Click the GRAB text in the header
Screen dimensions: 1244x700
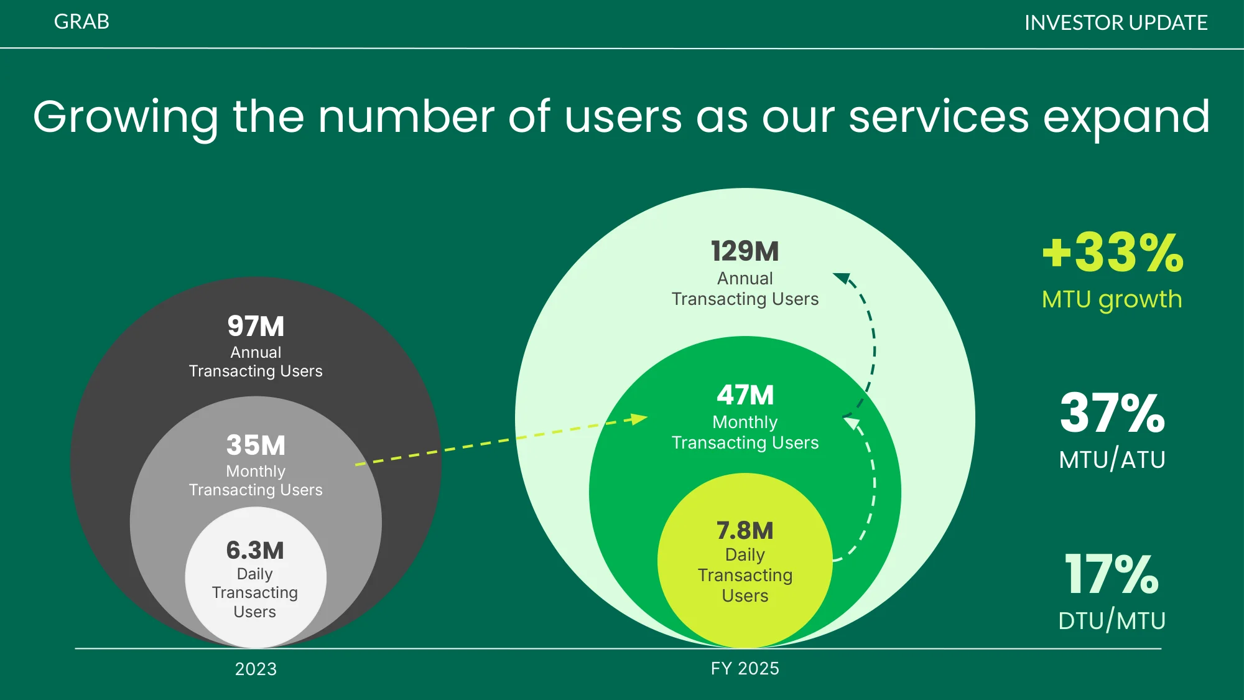pyautogui.click(x=81, y=22)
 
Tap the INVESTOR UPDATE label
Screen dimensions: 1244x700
pyautogui.click(x=1116, y=23)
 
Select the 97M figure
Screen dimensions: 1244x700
pyautogui.click(x=256, y=326)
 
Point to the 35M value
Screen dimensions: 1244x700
pyautogui.click(x=256, y=445)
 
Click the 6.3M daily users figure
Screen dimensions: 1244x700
pyautogui.click(x=255, y=550)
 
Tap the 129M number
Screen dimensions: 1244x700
pyautogui.click(x=745, y=251)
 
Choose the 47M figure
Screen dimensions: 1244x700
pyautogui.click(x=745, y=395)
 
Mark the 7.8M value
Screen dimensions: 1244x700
pyautogui.click(x=745, y=531)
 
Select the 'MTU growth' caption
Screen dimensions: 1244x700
pyautogui.click(x=1112, y=299)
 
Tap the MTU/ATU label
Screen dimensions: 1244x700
pyautogui.click(x=1112, y=459)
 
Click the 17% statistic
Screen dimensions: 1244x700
pyautogui.click(x=1112, y=574)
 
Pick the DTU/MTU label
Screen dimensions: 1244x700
pyautogui.click(x=1112, y=620)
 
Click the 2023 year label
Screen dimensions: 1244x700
pyautogui.click(x=256, y=669)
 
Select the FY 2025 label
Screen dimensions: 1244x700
pyautogui.click(x=745, y=668)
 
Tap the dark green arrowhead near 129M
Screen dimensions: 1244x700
pyautogui.click(x=842, y=278)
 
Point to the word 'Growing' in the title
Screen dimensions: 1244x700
pyautogui.click(x=126, y=118)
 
